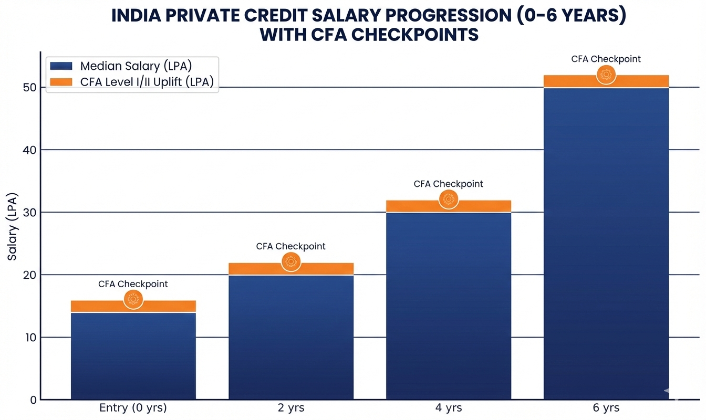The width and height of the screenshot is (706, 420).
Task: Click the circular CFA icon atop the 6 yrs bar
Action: click(606, 75)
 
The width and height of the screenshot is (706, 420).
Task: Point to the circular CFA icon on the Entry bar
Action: click(133, 299)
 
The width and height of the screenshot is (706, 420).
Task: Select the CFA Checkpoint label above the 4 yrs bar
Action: click(448, 184)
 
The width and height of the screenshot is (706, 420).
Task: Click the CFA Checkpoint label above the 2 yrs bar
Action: click(290, 246)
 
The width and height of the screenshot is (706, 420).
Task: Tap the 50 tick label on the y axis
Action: click(29, 88)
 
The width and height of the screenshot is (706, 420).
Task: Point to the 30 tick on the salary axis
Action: click(29, 213)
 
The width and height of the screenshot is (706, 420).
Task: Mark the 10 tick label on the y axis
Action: click(29, 338)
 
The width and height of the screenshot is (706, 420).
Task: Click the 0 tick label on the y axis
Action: click(33, 400)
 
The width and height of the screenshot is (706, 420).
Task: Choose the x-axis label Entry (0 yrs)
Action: click(133, 408)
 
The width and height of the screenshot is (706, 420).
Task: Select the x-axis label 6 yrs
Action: click(606, 408)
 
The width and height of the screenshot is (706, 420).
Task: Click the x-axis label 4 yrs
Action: click(448, 408)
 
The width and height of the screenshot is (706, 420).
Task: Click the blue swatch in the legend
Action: click(61, 66)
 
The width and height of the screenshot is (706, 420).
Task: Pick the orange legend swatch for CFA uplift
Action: click(61, 82)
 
